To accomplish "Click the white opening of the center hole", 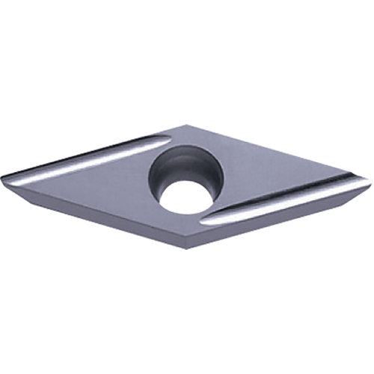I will tap(185, 197).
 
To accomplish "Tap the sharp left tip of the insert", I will tap(3, 177).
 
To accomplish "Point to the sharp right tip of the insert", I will tap(370, 181).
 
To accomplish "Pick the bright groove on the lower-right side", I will tap(284, 205).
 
